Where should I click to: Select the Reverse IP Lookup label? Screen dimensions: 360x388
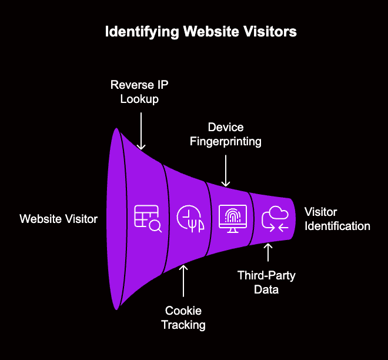(139, 92)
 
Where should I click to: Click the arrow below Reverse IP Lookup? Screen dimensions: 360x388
(141, 130)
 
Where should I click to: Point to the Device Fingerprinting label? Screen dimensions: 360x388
(226, 134)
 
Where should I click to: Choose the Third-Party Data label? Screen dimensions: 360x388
(267, 282)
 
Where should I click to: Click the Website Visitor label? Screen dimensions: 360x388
(58, 219)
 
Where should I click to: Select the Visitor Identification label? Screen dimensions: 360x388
(337, 219)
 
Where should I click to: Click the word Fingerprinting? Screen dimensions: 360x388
(226, 141)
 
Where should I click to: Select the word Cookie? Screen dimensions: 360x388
(183, 310)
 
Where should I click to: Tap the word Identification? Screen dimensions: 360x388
(337, 226)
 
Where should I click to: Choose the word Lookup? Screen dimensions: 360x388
(139, 99)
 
